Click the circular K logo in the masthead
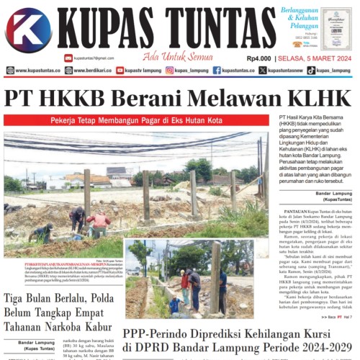[28, 31]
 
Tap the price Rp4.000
[258, 58]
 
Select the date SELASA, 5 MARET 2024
[315, 58]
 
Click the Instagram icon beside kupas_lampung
[170, 71]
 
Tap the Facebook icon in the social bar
[217, 71]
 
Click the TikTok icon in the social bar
[311, 71]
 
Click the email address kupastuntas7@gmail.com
[94, 58]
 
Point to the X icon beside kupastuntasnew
[263, 71]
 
